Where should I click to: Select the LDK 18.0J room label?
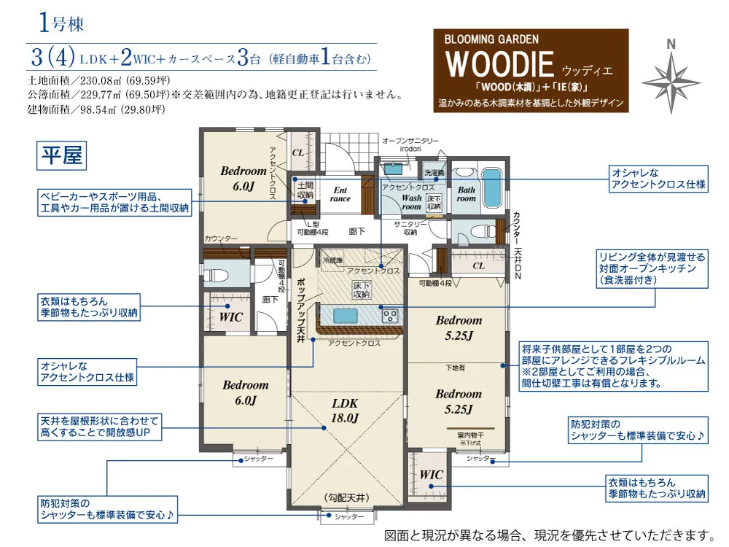pyautogui.click(x=346, y=410)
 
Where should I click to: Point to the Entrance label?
pyautogui.click(x=340, y=194)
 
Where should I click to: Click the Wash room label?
pyautogui.click(x=411, y=202)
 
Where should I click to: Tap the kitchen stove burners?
pyautogui.click(x=390, y=315)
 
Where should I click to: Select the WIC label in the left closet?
pyautogui.click(x=231, y=317)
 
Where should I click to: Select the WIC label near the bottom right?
pyautogui.click(x=432, y=475)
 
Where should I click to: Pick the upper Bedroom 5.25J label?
pyautogui.click(x=459, y=327)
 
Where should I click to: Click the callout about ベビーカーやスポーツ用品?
pyautogui.click(x=115, y=203)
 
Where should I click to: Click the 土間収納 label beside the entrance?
pyautogui.click(x=305, y=190)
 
